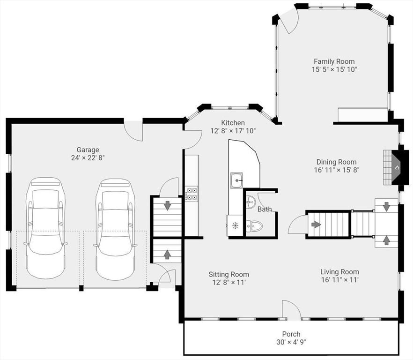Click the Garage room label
pyautogui.click(x=88, y=150)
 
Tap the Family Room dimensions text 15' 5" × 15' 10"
pyautogui.click(x=334, y=70)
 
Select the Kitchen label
pyautogui.click(x=233, y=123)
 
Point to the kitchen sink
pyautogui.click(x=237, y=180)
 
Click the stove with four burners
pyautogui.click(x=191, y=193)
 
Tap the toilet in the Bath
pyautogui.click(x=254, y=225)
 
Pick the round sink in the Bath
pyautogui.click(x=251, y=202)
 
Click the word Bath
pyautogui.click(x=265, y=209)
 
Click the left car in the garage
pyautogui.click(x=45, y=228)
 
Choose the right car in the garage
pyautogui.click(x=115, y=229)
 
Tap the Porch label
pyautogui.click(x=291, y=334)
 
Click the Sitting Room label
pyautogui.click(x=229, y=275)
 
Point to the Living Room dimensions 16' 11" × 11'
pyautogui.click(x=340, y=280)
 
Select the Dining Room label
pyautogui.click(x=336, y=162)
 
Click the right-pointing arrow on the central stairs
pyautogui.click(x=316, y=225)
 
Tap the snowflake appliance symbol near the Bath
pyautogui.click(x=235, y=225)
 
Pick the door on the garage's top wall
pyautogui.click(x=133, y=131)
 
